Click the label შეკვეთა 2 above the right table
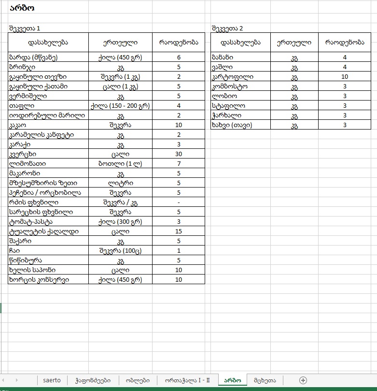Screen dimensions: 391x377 (227, 29)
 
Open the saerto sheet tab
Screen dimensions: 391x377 (52, 380)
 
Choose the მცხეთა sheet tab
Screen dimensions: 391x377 (265, 380)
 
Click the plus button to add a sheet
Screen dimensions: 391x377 (303, 380)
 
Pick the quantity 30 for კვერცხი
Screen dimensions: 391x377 (179, 154)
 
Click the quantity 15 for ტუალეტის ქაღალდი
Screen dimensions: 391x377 (179, 232)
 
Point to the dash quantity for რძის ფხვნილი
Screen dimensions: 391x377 (179, 203)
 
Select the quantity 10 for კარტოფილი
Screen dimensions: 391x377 (344, 77)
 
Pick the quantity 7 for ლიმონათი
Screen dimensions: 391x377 (179, 164)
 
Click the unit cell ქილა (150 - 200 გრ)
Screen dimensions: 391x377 (120, 106)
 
